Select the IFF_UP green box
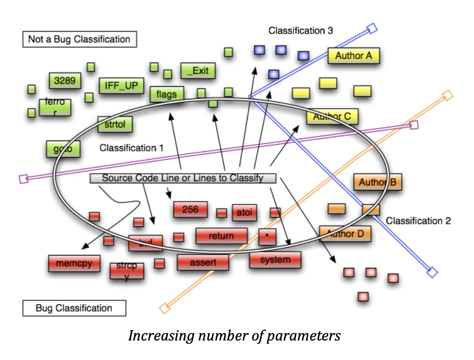pos(121,86)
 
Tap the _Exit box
pos(198,71)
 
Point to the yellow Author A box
pos(353,56)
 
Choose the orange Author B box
pos(377,182)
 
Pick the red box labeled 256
pos(190,209)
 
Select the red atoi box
pos(244,213)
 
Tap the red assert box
pos(203,263)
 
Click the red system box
pos(275,260)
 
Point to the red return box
pos(221,236)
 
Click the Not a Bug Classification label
pos(79,40)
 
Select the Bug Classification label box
pos(74,309)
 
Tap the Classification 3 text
pos(300,31)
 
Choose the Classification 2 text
pos(418,221)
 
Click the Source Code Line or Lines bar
pos(183,178)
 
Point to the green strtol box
pos(115,124)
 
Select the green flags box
pos(167,95)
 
